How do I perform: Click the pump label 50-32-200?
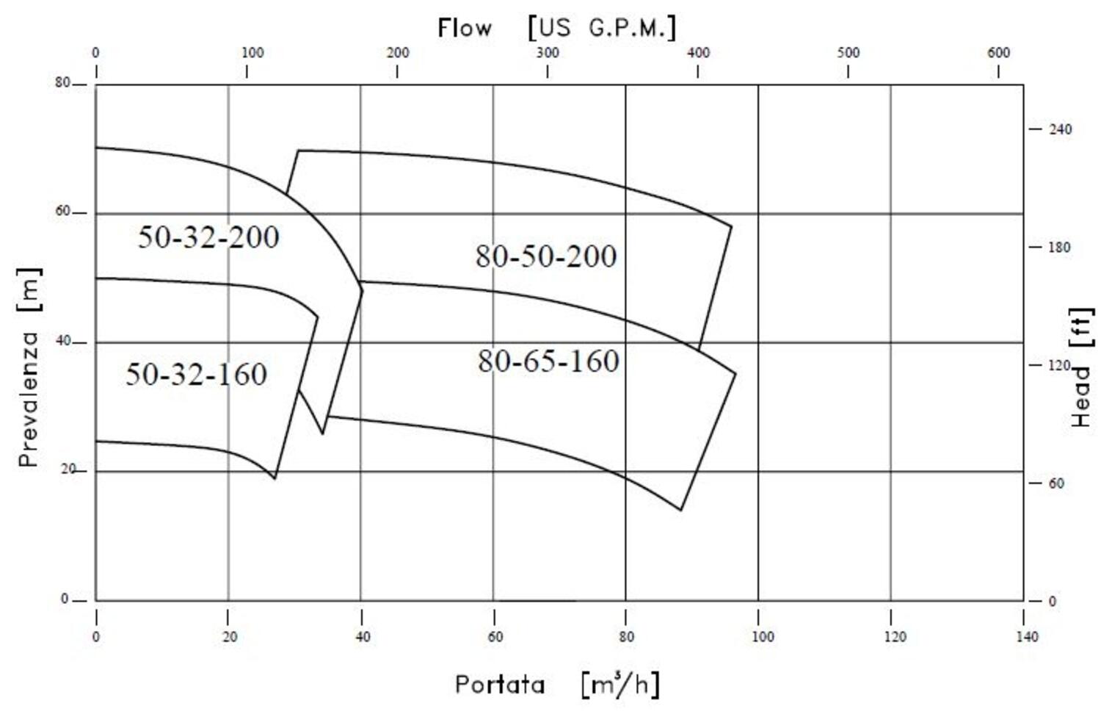pyautogui.click(x=208, y=237)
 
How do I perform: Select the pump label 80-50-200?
pyautogui.click(x=546, y=256)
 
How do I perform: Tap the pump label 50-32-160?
pyautogui.click(x=196, y=374)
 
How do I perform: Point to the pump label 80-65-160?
pyautogui.click(x=548, y=361)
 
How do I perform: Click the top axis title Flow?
pyautogui.click(x=465, y=28)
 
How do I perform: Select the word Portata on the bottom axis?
pyautogui.click(x=500, y=685)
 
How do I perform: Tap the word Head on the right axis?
pyautogui.click(x=1081, y=397)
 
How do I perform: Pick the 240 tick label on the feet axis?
pyautogui.click(x=1060, y=129)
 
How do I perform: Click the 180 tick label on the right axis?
pyautogui.click(x=1059, y=247)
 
